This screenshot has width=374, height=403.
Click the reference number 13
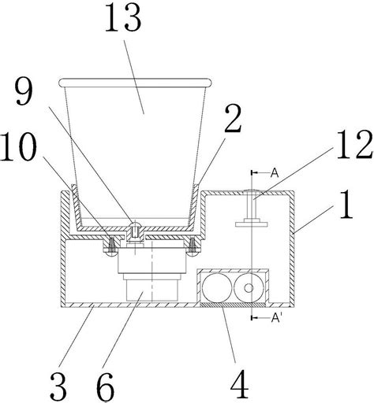click(x=123, y=20)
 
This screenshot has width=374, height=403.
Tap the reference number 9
click(x=24, y=91)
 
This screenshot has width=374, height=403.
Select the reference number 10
click(x=18, y=146)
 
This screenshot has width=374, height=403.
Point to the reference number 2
click(x=233, y=120)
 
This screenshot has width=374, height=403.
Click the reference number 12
click(x=355, y=145)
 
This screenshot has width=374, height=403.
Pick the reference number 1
click(x=346, y=205)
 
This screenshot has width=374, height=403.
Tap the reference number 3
click(x=58, y=386)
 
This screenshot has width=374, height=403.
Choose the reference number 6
click(x=105, y=386)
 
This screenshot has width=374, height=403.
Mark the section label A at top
click(x=275, y=173)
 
